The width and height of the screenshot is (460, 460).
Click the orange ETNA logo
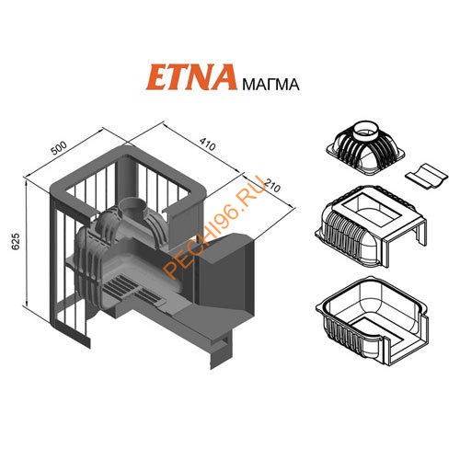191,77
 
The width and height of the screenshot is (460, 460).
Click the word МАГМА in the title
270,85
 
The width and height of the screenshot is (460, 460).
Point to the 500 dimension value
59,148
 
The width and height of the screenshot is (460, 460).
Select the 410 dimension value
207,144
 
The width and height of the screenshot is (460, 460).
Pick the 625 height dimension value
16,241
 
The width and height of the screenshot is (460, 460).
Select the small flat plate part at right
426,176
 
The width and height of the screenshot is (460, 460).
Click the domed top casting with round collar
365,148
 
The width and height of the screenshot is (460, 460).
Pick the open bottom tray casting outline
372,320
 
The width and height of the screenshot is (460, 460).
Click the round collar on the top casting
367,130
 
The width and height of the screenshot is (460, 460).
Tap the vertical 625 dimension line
27,243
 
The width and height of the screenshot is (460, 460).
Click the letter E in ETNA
158,78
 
